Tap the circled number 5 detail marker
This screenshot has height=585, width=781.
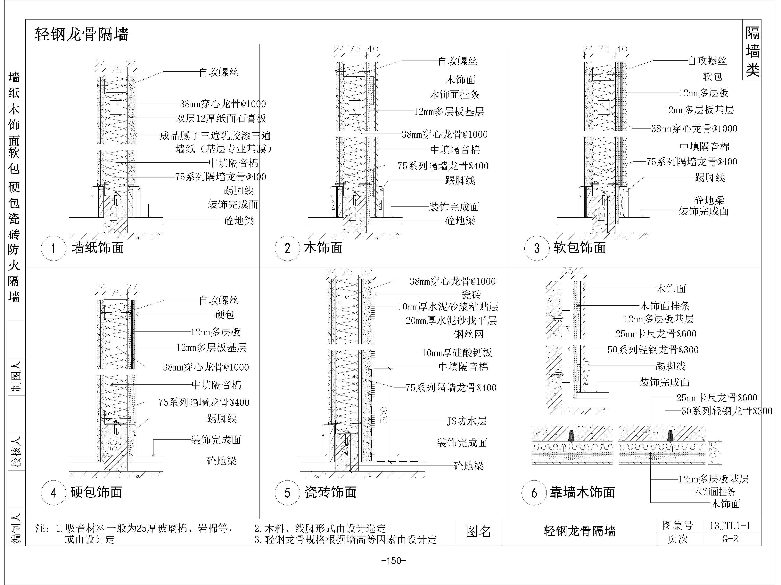tap(287, 493)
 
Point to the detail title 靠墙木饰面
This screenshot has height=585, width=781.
tap(583, 492)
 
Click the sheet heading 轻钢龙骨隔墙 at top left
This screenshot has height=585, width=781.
tap(82, 35)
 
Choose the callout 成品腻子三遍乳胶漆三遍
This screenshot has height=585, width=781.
tap(215, 136)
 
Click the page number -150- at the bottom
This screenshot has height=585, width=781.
tap(394, 561)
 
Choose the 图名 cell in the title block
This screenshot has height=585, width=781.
tap(478, 532)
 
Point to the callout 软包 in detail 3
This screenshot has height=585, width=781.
tap(712, 76)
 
